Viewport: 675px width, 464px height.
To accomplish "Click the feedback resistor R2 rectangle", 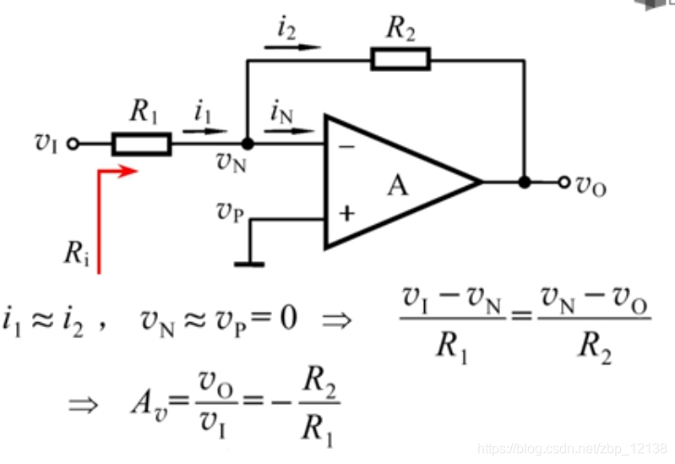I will (x=400, y=59).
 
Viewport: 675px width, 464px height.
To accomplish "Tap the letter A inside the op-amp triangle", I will (x=397, y=184).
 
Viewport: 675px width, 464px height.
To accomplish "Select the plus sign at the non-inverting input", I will (x=346, y=213).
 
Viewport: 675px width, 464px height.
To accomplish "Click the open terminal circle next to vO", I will (x=564, y=182).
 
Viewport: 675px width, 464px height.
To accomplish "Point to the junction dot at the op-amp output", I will (x=525, y=182).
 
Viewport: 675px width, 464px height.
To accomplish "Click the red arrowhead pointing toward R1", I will (x=128, y=172).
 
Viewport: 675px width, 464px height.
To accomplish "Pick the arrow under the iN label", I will (x=292, y=130).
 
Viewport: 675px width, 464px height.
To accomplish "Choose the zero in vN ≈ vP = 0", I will (x=287, y=320).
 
